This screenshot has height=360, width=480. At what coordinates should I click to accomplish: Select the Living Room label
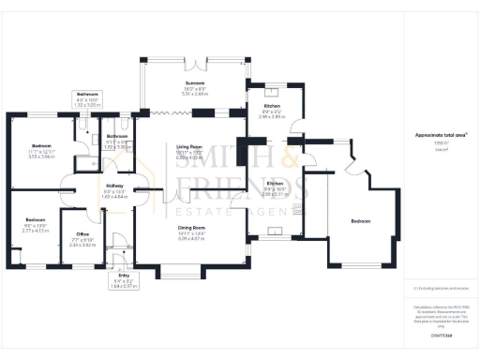pos(190,147)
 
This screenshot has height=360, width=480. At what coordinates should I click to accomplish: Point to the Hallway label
pos(114,186)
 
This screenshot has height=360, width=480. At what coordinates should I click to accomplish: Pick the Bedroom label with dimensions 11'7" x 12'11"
pos(42,146)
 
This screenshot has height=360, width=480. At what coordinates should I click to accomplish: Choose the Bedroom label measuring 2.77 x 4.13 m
pos(34,220)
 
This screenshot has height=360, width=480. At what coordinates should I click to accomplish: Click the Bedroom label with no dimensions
pos(360,221)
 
